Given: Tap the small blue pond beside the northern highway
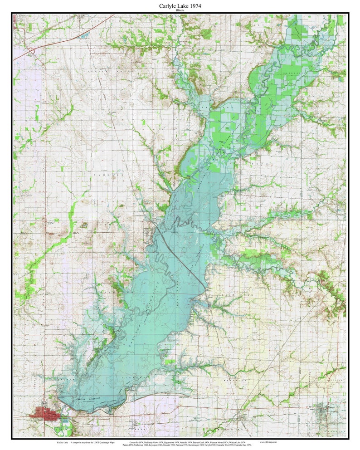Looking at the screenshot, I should click(x=85, y=35).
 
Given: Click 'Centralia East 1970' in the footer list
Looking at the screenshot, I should click(x=253, y=445).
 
